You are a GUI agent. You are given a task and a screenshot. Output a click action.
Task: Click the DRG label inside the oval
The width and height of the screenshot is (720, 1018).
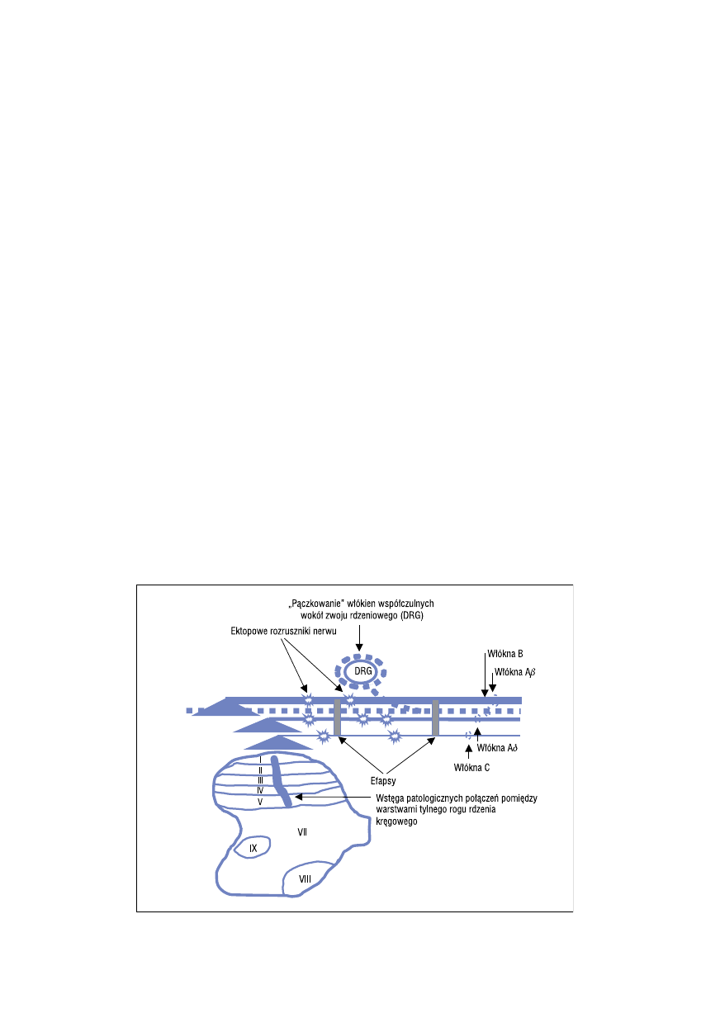(362, 671)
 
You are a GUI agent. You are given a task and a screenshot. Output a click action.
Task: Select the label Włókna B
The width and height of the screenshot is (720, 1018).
(505, 654)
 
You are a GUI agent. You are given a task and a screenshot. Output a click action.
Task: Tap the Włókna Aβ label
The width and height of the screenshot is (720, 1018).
(514, 672)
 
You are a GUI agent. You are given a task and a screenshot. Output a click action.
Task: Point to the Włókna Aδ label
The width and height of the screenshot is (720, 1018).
(497, 747)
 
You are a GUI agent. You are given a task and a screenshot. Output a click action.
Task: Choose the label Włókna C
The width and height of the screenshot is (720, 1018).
(471, 768)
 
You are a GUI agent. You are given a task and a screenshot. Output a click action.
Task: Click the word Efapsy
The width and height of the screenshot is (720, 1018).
(383, 781)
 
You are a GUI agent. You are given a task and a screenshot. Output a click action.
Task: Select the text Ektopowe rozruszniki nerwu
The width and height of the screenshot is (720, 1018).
(283, 632)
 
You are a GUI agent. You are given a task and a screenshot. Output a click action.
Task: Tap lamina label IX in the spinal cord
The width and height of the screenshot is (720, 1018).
(253, 848)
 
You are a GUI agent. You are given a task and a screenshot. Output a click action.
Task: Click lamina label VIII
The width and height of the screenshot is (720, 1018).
(305, 879)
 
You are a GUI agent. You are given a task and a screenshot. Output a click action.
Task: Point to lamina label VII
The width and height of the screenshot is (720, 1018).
(302, 832)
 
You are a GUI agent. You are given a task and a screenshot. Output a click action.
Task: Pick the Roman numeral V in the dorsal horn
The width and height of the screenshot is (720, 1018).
(260, 803)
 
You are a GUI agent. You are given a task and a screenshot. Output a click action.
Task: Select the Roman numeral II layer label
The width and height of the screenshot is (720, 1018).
(260, 771)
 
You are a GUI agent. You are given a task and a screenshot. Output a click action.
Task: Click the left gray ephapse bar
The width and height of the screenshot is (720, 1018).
(337, 717)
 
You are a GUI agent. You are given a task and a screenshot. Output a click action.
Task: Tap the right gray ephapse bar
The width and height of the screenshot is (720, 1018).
(435, 717)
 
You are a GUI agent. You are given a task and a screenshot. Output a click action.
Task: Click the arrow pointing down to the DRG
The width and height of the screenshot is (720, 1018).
(359, 637)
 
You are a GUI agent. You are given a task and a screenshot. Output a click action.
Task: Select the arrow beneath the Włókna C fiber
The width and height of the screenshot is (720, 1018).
(469, 751)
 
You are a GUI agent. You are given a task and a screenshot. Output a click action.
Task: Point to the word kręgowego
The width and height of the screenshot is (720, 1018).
(396, 822)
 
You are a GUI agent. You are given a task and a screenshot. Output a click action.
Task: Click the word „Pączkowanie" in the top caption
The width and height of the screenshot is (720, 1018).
(317, 604)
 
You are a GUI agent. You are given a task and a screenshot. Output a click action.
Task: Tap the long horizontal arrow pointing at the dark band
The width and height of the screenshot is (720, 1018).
(333, 797)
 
